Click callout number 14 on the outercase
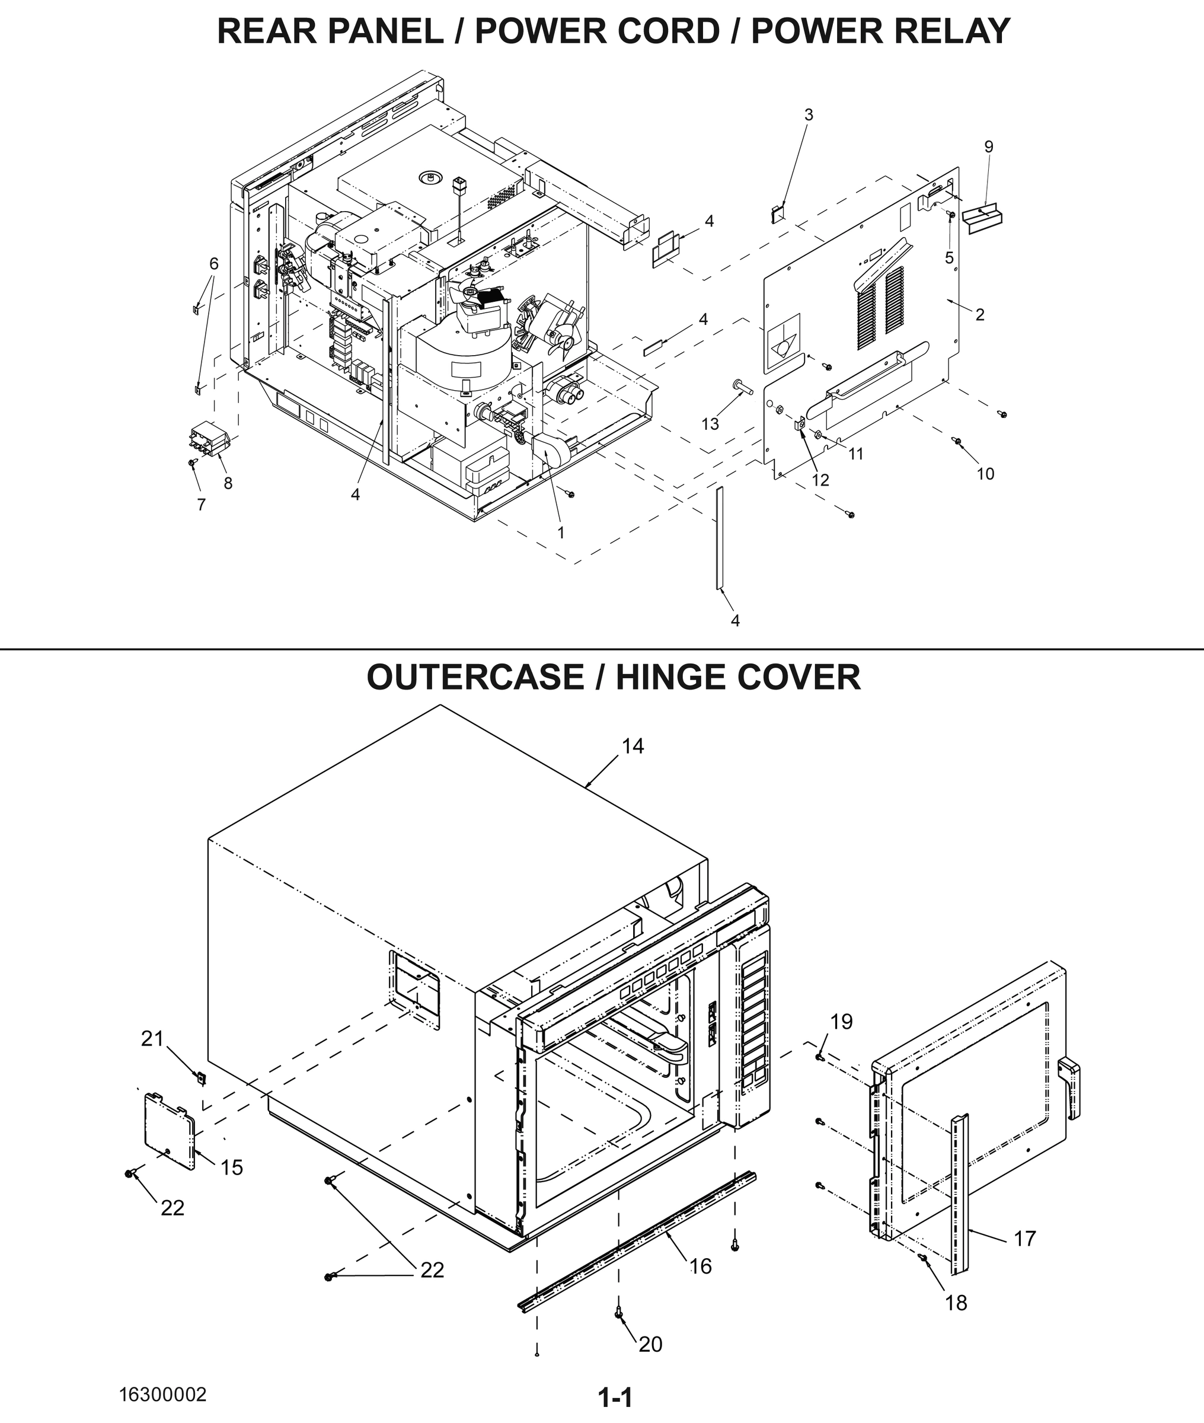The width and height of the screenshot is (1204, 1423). tap(632, 746)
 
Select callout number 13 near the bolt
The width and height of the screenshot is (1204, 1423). tap(710, 424)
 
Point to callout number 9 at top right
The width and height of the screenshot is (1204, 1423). tap(988, 146)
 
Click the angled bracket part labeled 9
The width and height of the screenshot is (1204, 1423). tap(983, 218)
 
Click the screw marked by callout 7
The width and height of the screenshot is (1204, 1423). tap(192, 462)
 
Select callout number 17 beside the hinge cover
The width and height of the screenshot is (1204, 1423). tap(1024, 1237)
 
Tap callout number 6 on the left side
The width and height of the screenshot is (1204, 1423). tap(213, 263)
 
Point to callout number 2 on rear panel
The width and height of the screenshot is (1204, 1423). tap(979, 315)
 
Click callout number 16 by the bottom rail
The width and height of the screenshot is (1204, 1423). tap(700, 1266)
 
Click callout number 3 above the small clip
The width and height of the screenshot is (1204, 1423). tap(808, 114)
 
